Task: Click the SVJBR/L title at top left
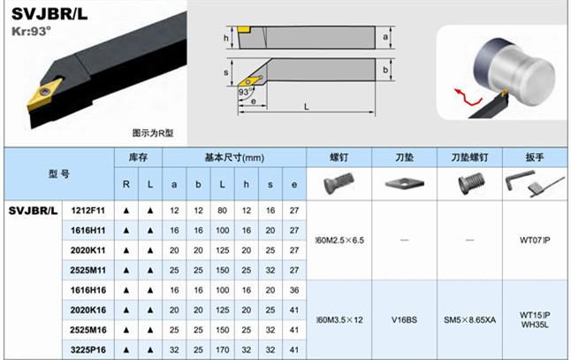pos(50,14)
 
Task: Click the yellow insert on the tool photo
pos(40,96)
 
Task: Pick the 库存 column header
pos(138,157)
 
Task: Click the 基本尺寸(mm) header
pos(234,157)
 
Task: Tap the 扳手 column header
pos(535,157)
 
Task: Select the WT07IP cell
pos(535,240)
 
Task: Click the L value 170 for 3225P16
pos(222,349)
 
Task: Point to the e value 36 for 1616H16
pos(294,289)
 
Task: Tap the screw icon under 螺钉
pos(339,183)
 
